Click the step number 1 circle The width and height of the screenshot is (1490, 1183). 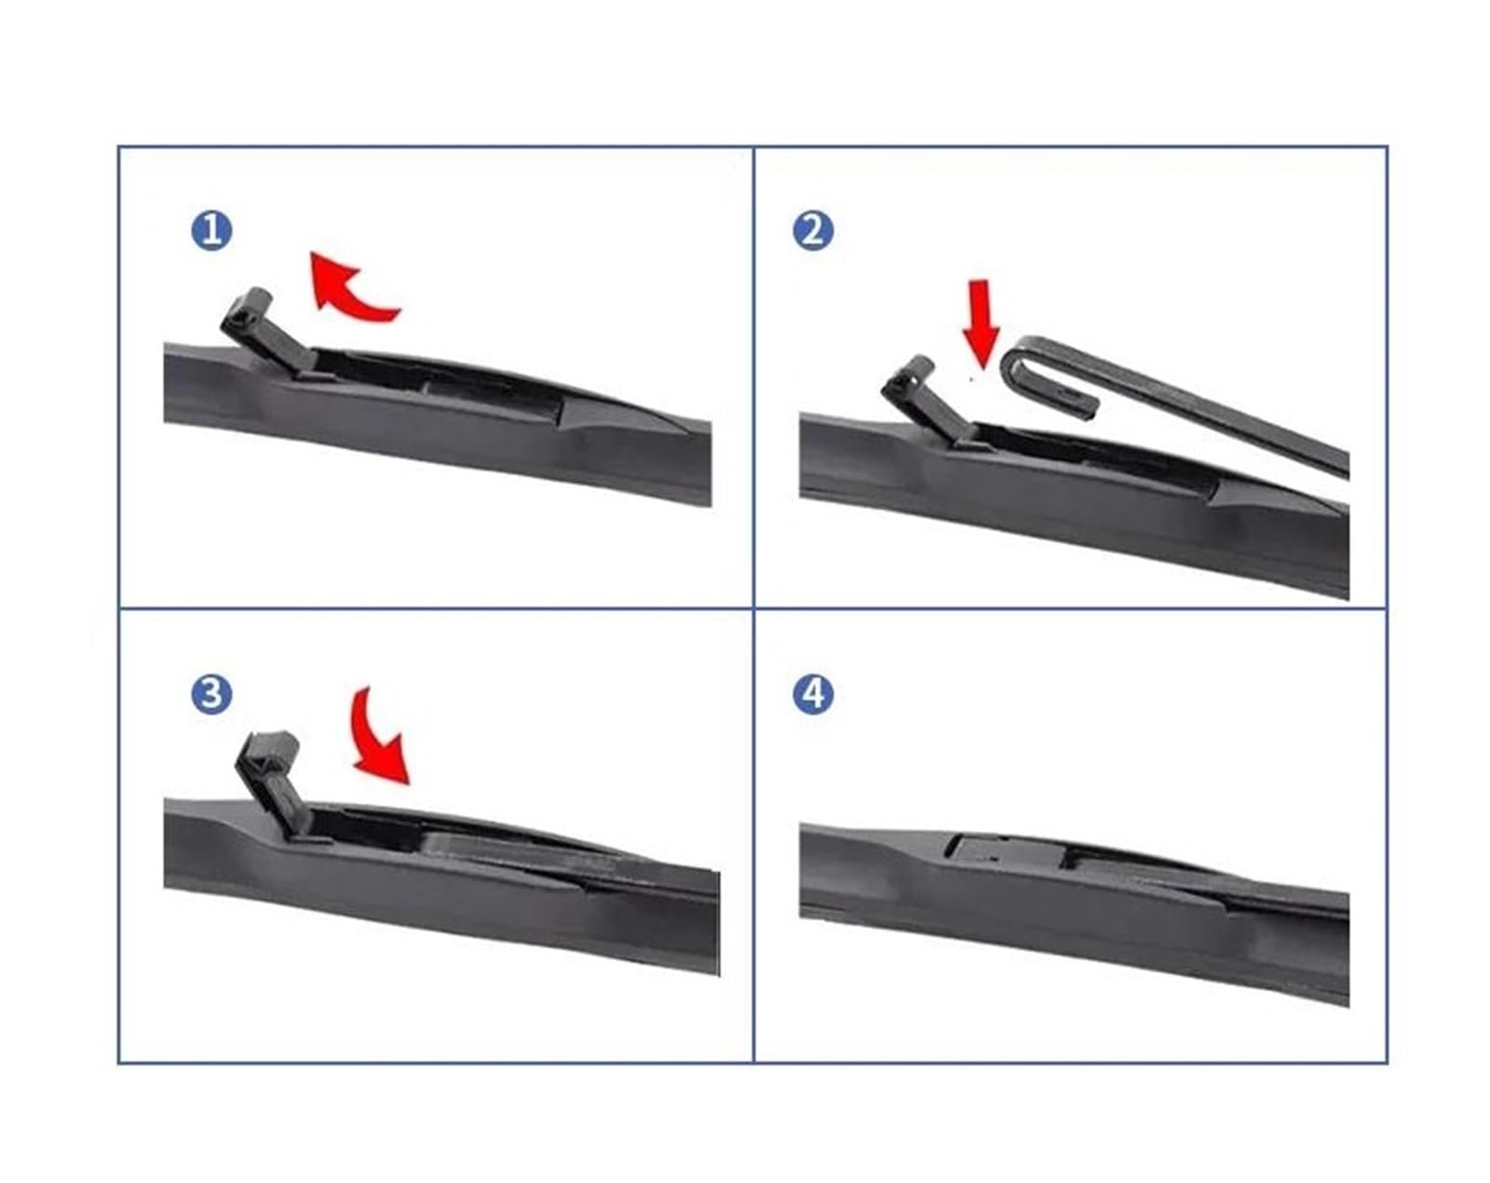point(211,231)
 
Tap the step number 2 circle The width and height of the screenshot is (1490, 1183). point(813,231)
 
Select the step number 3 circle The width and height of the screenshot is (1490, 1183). point(211,695)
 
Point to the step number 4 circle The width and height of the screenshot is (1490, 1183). point(813,695)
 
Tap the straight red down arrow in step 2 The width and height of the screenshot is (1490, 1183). point(982,323)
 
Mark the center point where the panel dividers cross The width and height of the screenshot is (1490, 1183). point(753,609)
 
